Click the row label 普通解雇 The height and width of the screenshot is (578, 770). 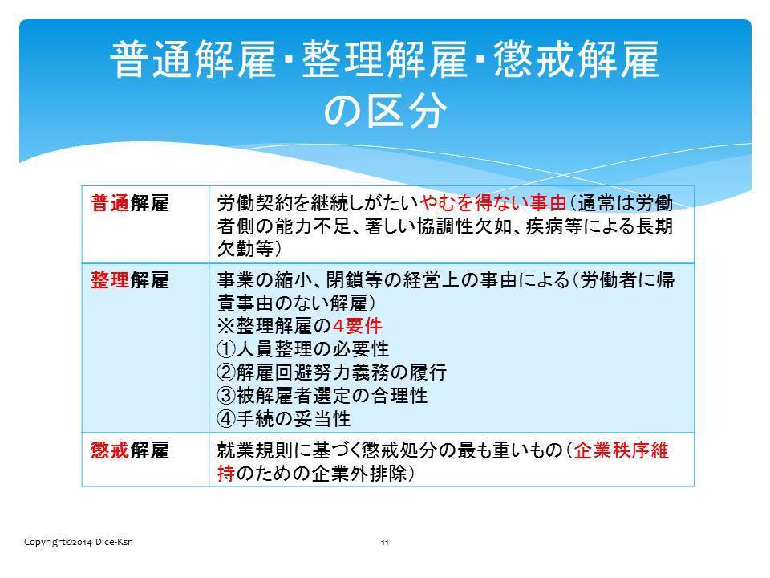pyautogui.click(x=130, y=203)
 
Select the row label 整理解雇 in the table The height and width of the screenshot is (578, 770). pyautogui.click(x=130, y=280)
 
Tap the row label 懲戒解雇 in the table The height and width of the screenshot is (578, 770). pyautogui.click(x=130, y=450)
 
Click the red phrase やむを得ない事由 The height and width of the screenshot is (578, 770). pyautogui.click(x=493, y=202)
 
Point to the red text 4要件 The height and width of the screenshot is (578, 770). pyautogui.click(x=357, y=325)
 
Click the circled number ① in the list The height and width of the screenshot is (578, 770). pyautogui.click(x=226, y=349)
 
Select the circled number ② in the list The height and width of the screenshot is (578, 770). pyautogui.click(x=226, y=372)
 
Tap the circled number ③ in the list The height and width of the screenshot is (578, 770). pyautogui.click(x=226, y=395)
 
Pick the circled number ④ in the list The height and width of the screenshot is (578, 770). pyautogui.click(x=226, y=419)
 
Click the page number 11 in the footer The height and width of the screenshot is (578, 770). pyautogui.click(x=385, y=543)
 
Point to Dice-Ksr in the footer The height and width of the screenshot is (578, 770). pyautogui.click(x=113, y=542)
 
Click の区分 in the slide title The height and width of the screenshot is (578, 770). pyautogui.click(x=385, y=110)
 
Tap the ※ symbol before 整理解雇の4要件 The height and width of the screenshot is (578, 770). pyautogui.click(x=226, y=326)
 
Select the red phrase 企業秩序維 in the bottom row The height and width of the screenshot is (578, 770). pyautogui.click(x=621, y=450)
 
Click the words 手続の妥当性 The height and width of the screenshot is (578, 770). pyautogui.click(x=294, y=419)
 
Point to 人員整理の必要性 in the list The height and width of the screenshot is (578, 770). pyautogui.click(x=313, y=349)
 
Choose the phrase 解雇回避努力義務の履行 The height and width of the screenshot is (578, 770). pyautogui.click(x=342, y=372)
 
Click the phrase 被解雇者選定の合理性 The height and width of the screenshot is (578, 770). pyautogui.click(x=332, y=395)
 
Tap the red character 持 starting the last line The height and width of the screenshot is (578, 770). pyautogui.click(x=226, y=474)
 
